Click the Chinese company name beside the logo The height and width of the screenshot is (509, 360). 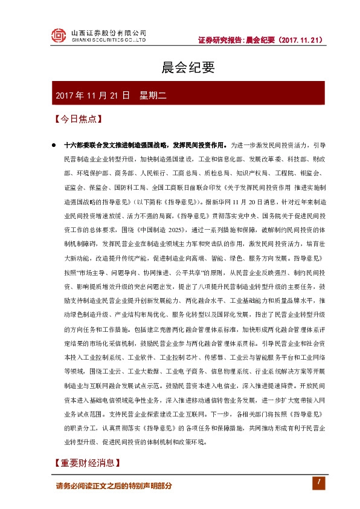109,32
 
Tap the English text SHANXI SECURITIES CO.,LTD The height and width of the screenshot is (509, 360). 109,41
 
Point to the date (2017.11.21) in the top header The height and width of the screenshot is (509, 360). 301,40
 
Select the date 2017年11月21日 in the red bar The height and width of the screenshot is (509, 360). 92,95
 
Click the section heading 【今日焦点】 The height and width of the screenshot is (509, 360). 76,119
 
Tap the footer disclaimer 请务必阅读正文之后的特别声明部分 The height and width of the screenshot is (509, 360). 114,486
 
